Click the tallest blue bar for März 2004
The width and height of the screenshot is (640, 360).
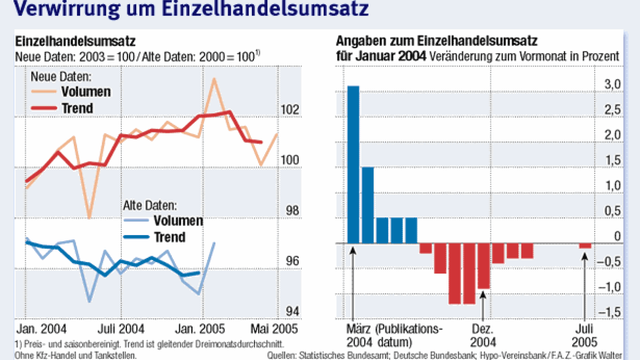pos(353,164)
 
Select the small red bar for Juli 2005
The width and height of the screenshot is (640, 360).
pos(585,246)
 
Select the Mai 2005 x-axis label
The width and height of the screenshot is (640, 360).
pos(273,329)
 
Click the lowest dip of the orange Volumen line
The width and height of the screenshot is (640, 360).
pos(89,217)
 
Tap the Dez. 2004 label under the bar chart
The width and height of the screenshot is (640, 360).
pos(483,335)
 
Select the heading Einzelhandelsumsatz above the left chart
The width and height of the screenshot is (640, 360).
pos(74,41)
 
